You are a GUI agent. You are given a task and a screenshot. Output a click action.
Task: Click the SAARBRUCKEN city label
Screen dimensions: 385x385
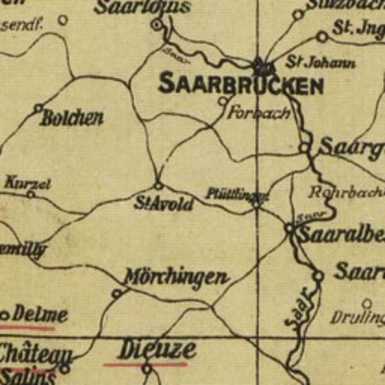(240, 85)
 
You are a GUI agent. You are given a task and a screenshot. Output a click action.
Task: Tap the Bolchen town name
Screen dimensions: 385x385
(71, 118)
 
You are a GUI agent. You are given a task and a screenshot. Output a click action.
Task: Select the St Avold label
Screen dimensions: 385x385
(164, 203)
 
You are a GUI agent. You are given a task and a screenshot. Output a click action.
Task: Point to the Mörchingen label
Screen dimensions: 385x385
(176, 277)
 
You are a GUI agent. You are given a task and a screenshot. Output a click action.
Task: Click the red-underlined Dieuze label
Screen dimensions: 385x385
(158, 350)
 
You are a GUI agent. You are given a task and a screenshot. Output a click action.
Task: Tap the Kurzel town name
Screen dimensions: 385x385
(27, 183)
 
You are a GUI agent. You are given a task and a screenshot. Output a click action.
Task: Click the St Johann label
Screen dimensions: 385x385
(321, 62)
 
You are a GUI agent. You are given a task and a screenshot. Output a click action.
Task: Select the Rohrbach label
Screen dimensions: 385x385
(346, 192)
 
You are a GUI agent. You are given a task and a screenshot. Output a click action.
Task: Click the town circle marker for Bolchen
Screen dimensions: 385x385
(38, 108)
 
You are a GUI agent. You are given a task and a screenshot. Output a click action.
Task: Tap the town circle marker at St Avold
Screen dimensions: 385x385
(158, 185)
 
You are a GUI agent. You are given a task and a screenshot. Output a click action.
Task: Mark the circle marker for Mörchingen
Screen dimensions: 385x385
(116, 294)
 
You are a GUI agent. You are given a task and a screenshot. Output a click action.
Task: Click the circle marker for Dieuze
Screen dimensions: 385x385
(146, 369)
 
